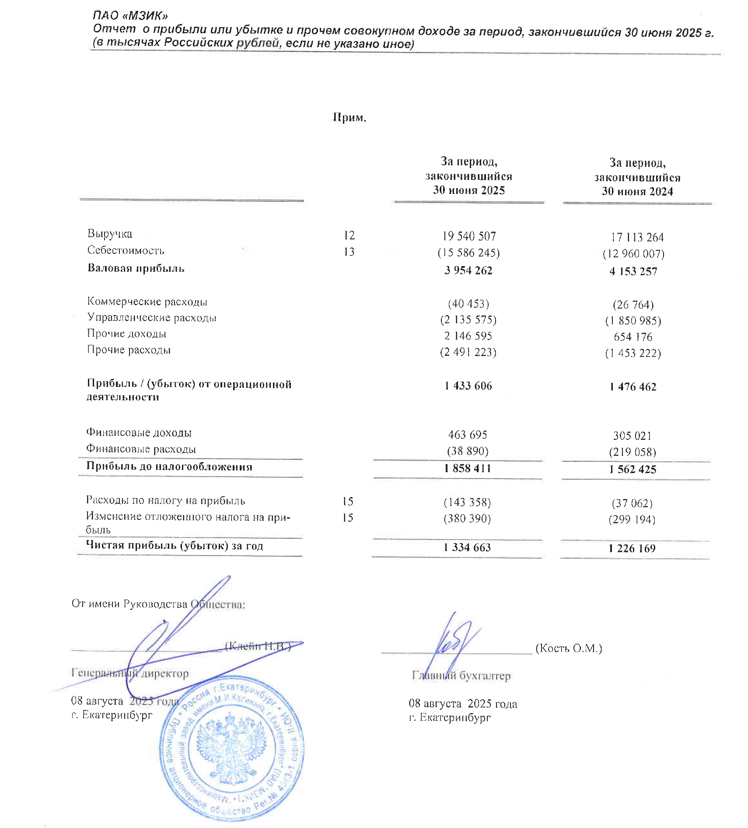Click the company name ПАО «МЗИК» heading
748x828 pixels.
click(130, 16)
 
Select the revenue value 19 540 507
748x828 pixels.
click(469, 236)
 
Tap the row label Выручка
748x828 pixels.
click(110, 234)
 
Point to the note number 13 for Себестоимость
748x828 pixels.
click(349, 252)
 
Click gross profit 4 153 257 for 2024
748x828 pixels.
click(633, 271)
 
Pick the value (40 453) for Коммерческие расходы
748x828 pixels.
click(468, 303)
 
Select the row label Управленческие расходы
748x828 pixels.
click(151, 317)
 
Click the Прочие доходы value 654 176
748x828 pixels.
click(633, 337)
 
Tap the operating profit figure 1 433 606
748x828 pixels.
click(468, 386)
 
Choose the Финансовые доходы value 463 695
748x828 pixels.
click(467, 435)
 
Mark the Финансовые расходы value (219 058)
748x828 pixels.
click(632, 452)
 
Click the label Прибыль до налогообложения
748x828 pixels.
click(169, 467)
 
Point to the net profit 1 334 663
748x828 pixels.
click(467, 547)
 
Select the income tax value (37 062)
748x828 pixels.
click(632, 503)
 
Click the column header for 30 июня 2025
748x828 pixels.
click(468, 176)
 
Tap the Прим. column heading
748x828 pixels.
click(349, 117)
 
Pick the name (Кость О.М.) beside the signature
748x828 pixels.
click(569, 648)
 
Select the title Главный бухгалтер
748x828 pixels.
click(461, 676)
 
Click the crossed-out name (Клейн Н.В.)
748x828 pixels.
click(258, 646)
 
